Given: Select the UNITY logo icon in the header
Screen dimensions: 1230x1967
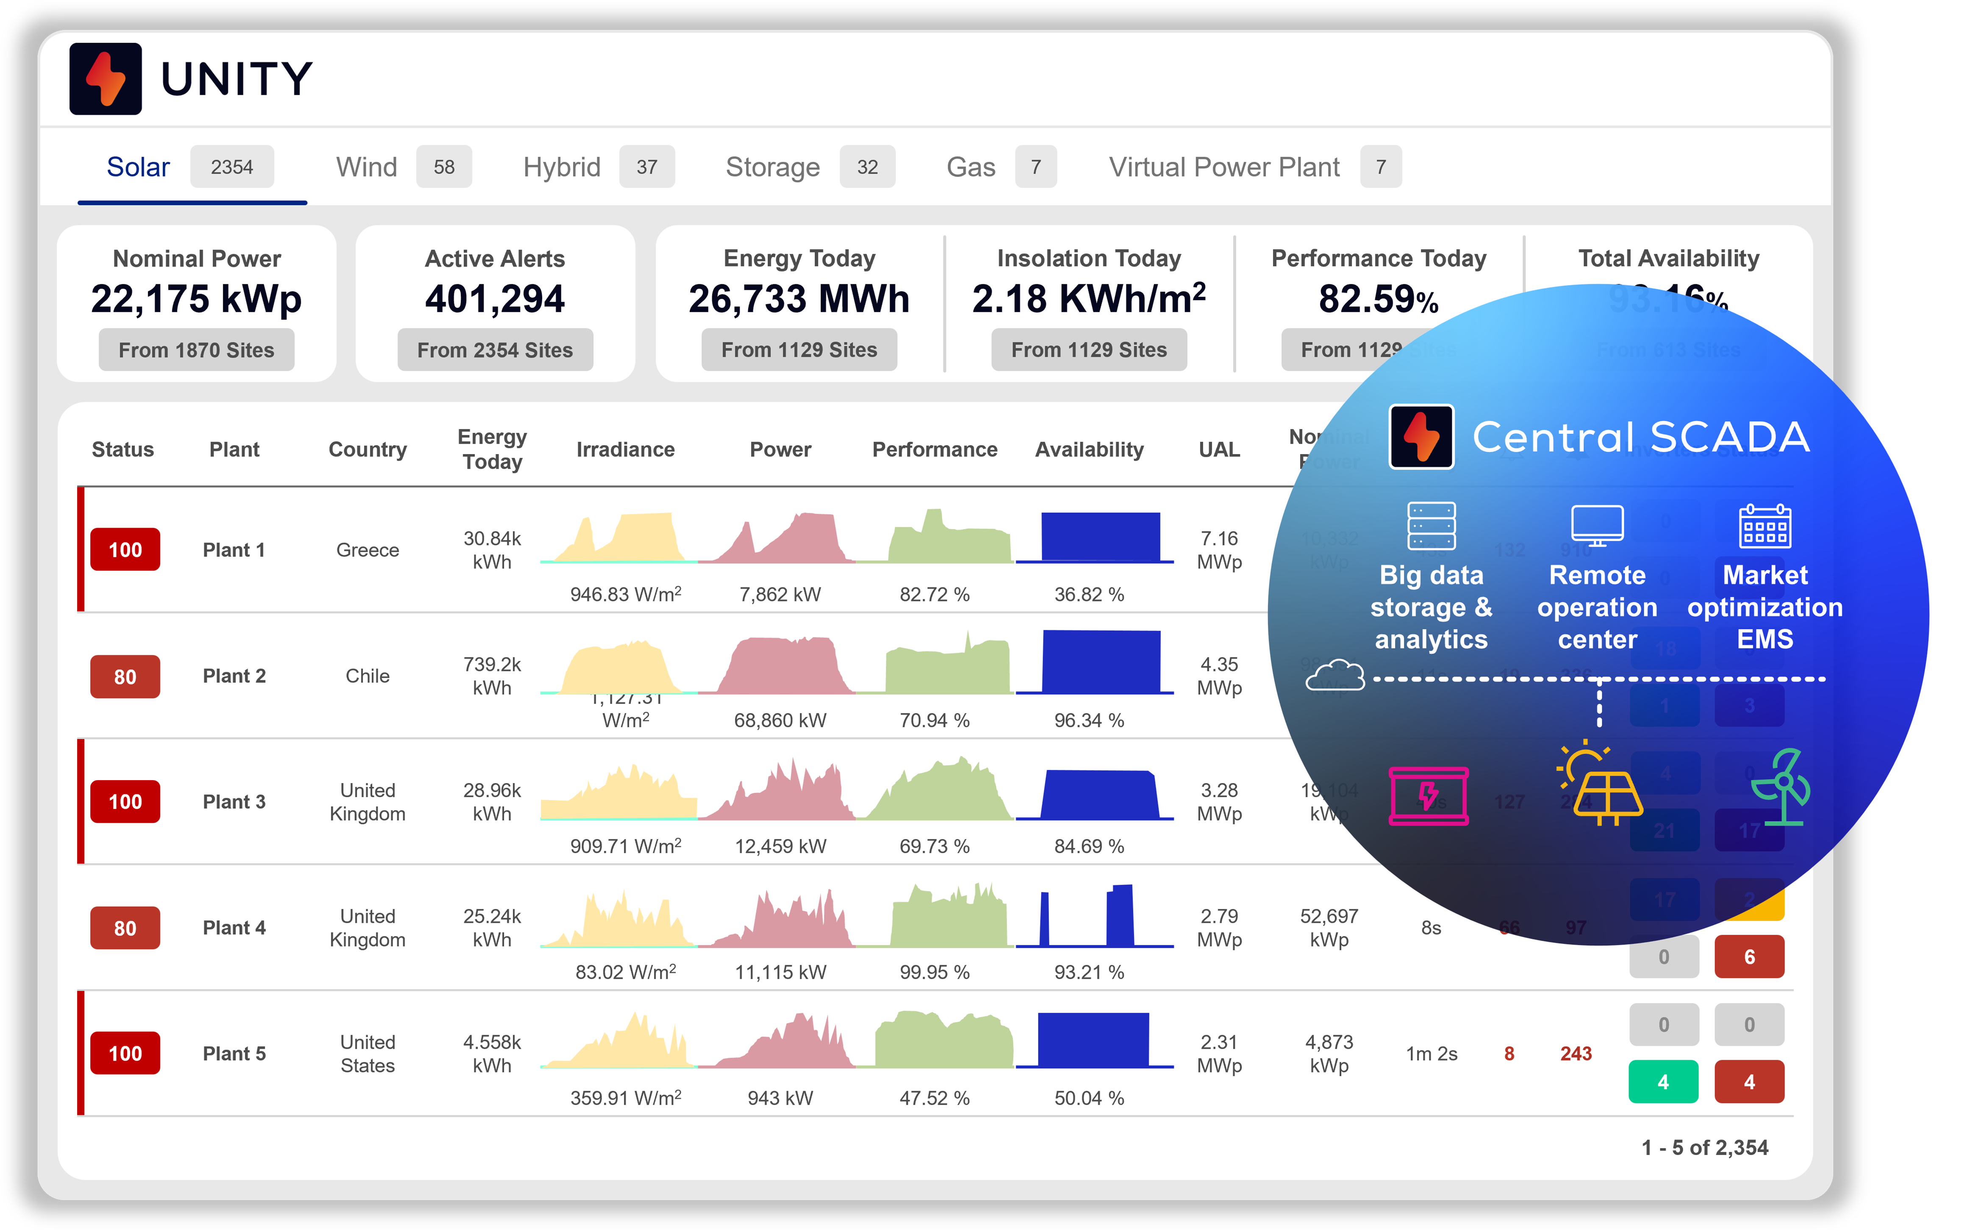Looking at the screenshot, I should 106,79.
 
